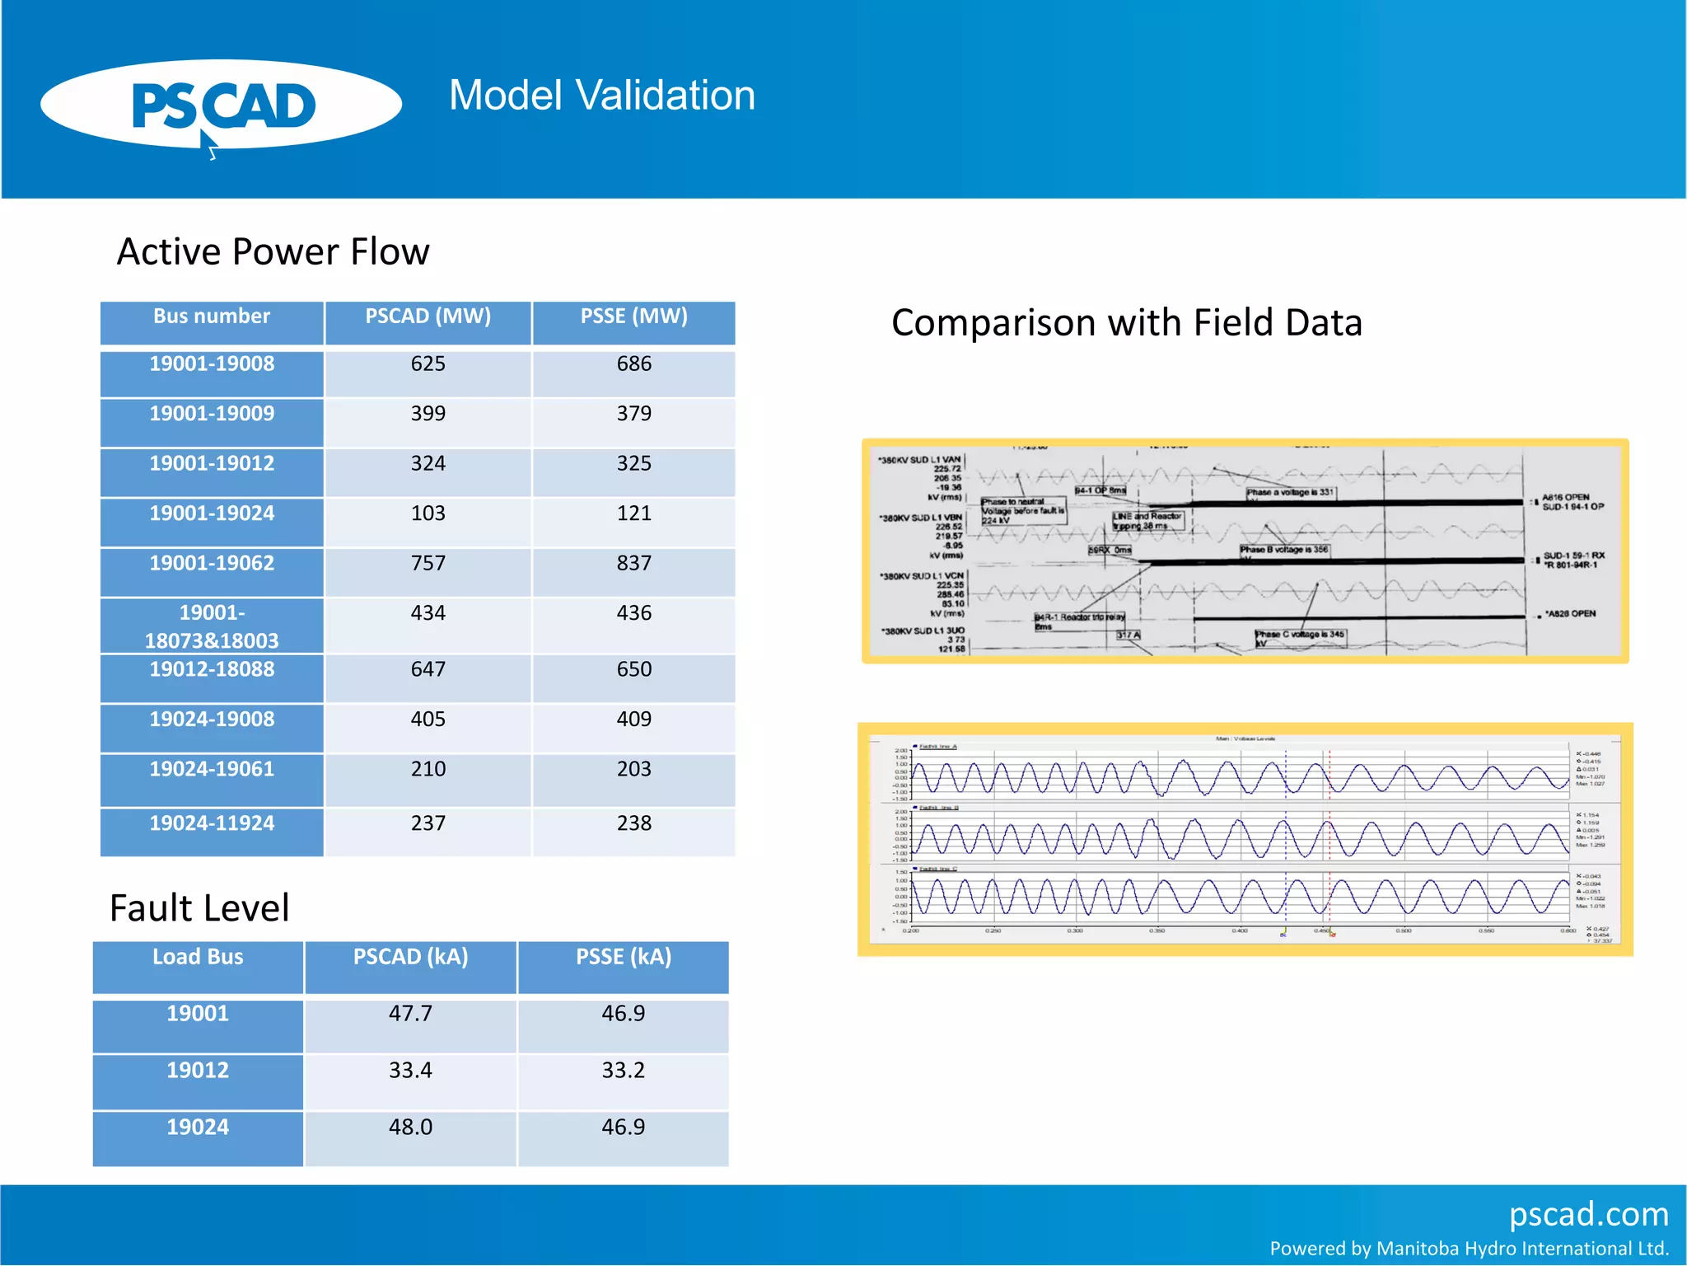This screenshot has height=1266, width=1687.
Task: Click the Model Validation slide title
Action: (x=601, y=96)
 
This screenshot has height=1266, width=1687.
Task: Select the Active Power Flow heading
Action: (x=273, y=251)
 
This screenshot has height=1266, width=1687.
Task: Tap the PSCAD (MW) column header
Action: (x=428, y=316)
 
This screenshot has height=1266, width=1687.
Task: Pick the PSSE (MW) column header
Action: (x=633, y=316)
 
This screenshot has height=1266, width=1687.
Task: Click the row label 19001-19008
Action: (x=212, y=364)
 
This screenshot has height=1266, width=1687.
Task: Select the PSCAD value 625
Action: (x=428, y=364)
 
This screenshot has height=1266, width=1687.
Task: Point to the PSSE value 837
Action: (x=633, y=564)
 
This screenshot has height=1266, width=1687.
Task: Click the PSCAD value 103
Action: (x=428, y=513)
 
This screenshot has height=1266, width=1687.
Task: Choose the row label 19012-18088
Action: (x=212, y=669)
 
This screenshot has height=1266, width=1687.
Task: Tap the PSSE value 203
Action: (x=633, y=769)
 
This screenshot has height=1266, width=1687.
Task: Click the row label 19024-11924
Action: (x=212, y=823)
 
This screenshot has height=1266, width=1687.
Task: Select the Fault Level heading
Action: (x=199, y=908)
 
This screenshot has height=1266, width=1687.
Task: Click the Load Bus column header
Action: (x=198, y=957)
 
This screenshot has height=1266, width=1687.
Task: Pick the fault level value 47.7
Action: (x=410, y=1014)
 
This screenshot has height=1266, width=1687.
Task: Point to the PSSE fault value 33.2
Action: (x=623, y=1071)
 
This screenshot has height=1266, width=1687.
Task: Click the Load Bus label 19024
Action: (x=198, y=1128)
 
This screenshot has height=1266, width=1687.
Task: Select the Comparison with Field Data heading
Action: (x=1126, y=322)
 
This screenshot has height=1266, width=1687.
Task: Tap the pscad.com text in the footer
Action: (x=1588, y=1214)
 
